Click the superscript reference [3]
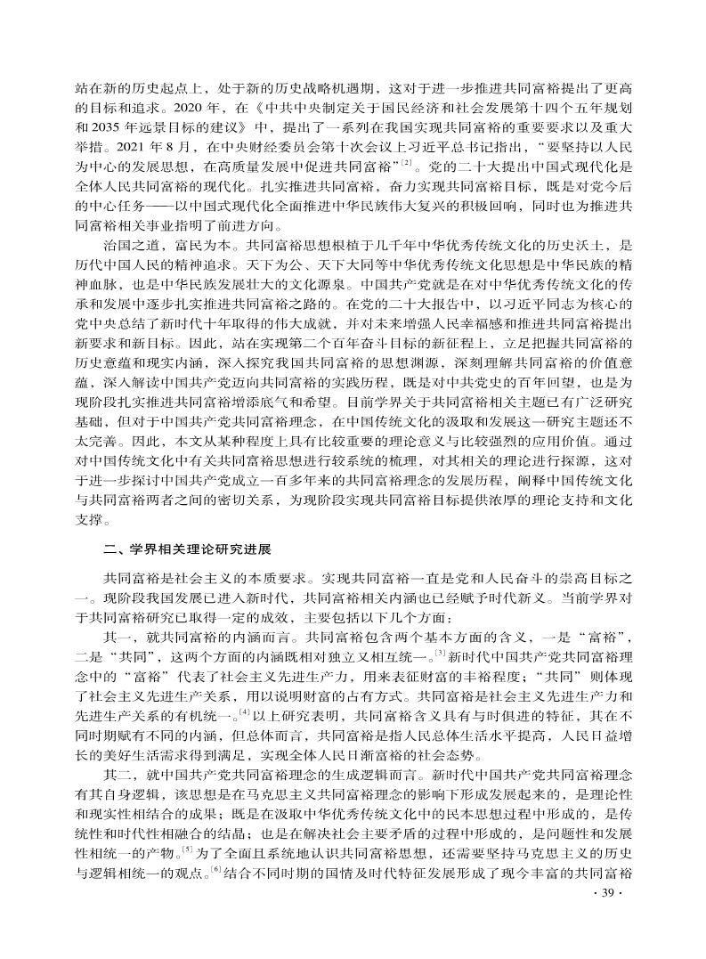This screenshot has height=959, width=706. (439, 652)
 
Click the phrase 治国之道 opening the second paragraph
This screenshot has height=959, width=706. (130, 244)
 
